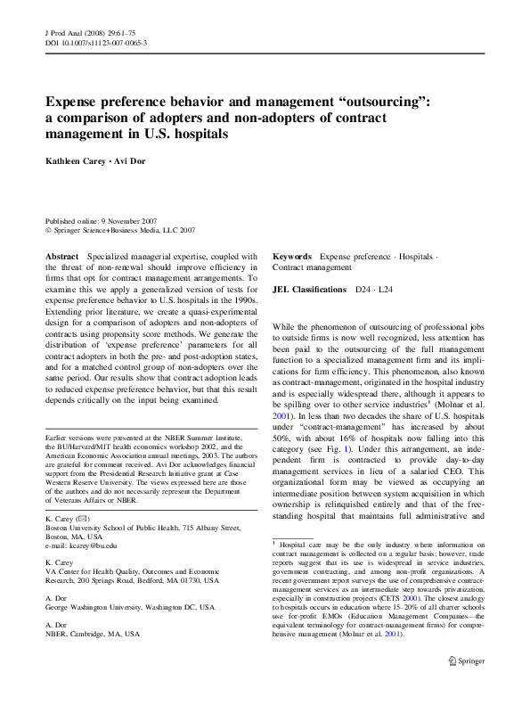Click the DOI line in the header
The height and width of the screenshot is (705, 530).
click(x=95, y=42)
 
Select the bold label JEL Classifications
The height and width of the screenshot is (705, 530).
click(x=309, y=290)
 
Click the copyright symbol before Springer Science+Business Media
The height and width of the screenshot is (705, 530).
click(x=48, y=229)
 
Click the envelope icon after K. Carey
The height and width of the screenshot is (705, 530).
click(x=83, y=518)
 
